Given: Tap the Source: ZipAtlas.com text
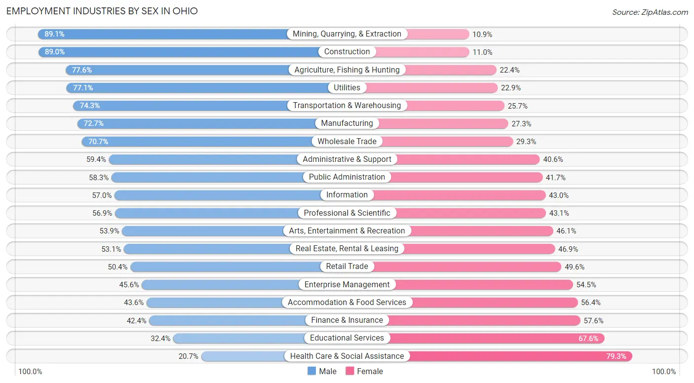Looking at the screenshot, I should (x=650, y=12).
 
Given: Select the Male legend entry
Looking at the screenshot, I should (x=322, y=371).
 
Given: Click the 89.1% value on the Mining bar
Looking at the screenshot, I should (x=54, y=34).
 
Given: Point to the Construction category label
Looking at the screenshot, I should (x=347, y=52).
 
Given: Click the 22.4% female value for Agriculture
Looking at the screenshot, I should (x=509, y=70).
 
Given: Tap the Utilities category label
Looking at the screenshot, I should (x=347, y=87).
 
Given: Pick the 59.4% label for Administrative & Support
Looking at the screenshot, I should (x=95, y=159).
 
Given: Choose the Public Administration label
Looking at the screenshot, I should (x=347, y=177).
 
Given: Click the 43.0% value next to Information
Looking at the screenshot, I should (x=559, y=195).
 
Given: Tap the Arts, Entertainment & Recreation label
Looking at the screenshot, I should (x=347, y=230).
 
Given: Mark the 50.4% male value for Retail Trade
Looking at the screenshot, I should (x=117, y=267).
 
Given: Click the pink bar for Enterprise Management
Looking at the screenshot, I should (x=484, y=285).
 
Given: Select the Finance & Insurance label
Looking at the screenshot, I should (x=347, y=320).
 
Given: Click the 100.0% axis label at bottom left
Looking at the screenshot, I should (x=30, y=372).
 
